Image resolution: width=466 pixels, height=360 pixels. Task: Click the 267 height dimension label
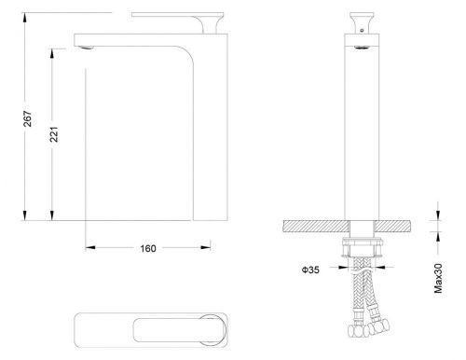click(28, 118)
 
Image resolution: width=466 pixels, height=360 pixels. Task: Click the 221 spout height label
click(54, 134)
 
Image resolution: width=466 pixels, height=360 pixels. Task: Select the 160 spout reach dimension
click(148, 248)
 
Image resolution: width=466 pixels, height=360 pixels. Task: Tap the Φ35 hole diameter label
click(310, 270)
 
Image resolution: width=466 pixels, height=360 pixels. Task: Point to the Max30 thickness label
click(438, 278)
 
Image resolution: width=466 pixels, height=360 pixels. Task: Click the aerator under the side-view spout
click(87, 48)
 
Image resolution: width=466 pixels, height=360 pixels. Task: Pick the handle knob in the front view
click(362, 22)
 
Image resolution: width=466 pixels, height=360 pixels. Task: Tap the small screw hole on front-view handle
click(362, 31)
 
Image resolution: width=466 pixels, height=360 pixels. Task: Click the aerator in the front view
click(362, 48)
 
